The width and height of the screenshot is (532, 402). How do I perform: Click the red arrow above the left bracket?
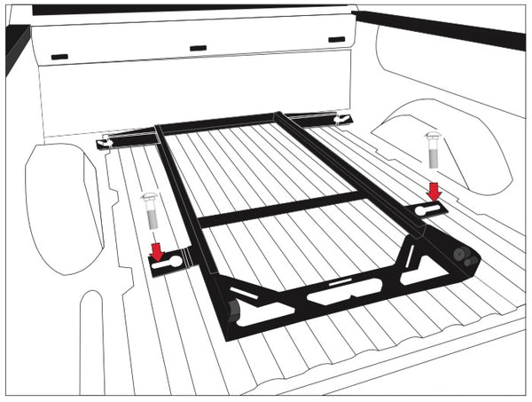(157, 251)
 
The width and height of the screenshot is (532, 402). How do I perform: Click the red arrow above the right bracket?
(434, 191)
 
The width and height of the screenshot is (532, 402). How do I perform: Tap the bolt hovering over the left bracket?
(148, 215)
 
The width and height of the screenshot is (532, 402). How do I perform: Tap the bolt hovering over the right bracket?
(432, 152)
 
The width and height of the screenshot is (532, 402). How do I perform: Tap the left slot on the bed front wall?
(60, 56)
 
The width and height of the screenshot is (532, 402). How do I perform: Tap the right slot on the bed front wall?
(337, 39)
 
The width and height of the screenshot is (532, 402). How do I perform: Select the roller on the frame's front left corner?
(233, 313)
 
